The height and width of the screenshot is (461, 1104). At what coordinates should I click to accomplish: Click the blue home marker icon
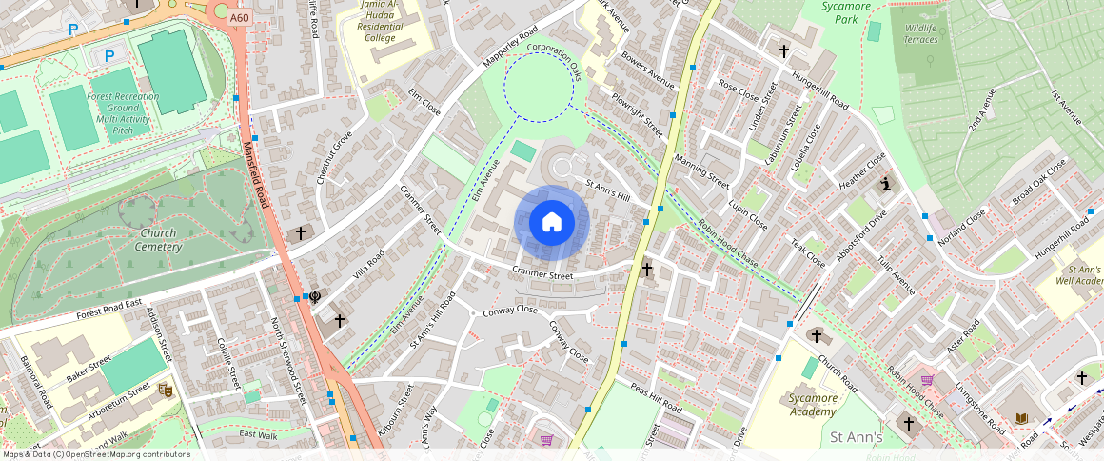tap(552, 223)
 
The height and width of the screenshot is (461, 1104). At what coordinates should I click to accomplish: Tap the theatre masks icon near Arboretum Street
tap(166, 390)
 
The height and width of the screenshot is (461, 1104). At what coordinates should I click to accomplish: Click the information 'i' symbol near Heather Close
tap(886, 184)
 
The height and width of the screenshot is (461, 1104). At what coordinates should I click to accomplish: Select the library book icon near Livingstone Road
tap(1021, 418)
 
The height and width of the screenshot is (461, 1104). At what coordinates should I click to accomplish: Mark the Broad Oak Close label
tap(1040, 184)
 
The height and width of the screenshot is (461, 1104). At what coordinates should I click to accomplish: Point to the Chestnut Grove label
tap(335, 158)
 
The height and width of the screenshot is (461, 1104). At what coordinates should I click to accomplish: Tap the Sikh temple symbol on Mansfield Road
tap(314, 297)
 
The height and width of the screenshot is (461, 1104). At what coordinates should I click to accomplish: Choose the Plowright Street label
tap(637, 113)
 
